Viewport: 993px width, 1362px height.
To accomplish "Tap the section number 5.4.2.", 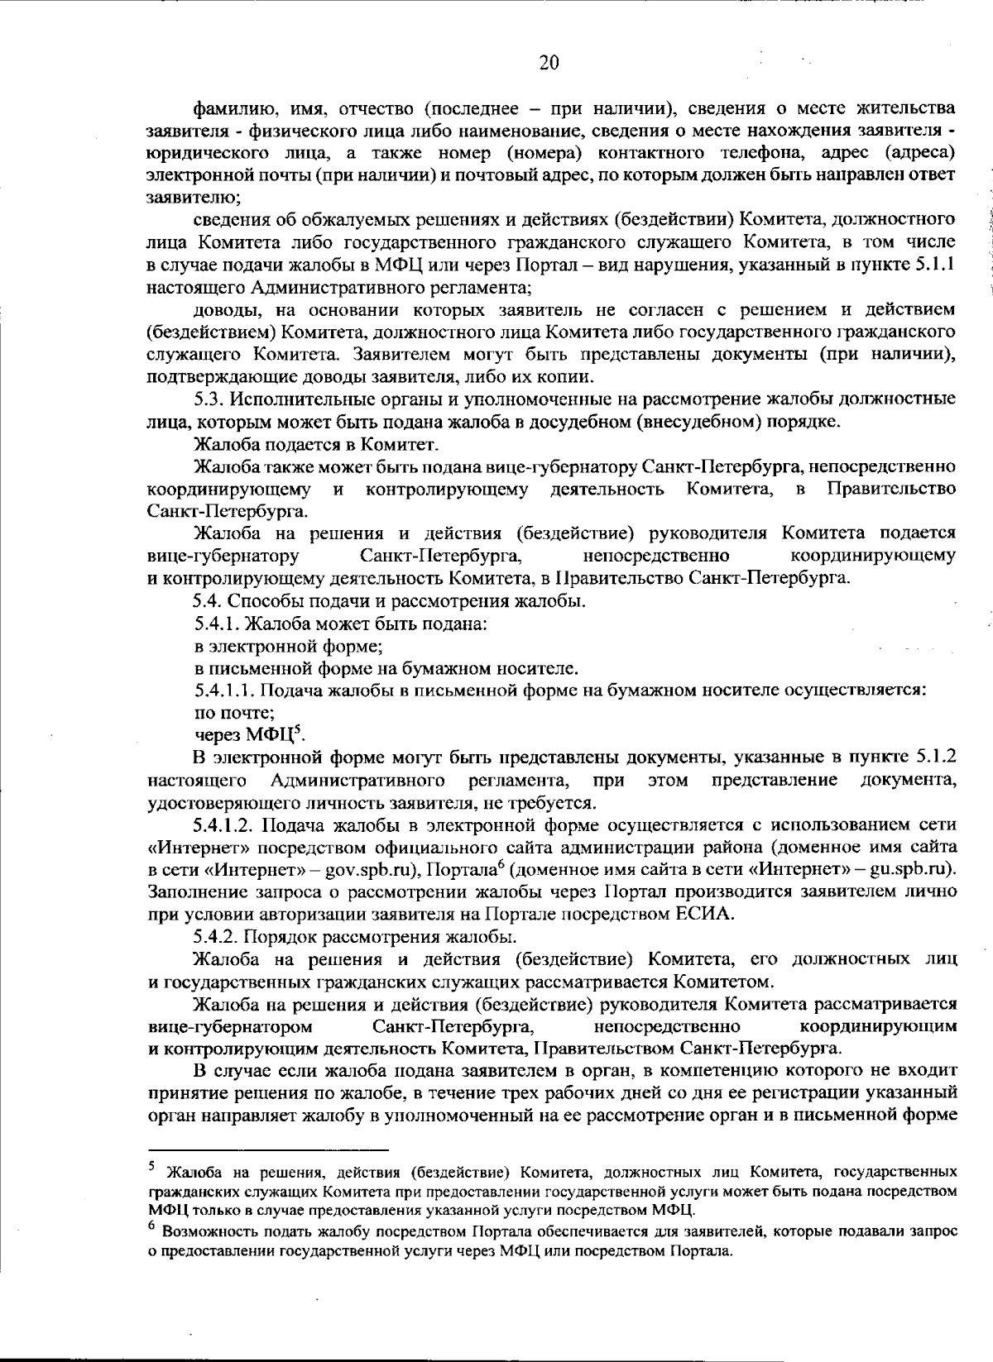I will pyautogui.click(x=213, y=937).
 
